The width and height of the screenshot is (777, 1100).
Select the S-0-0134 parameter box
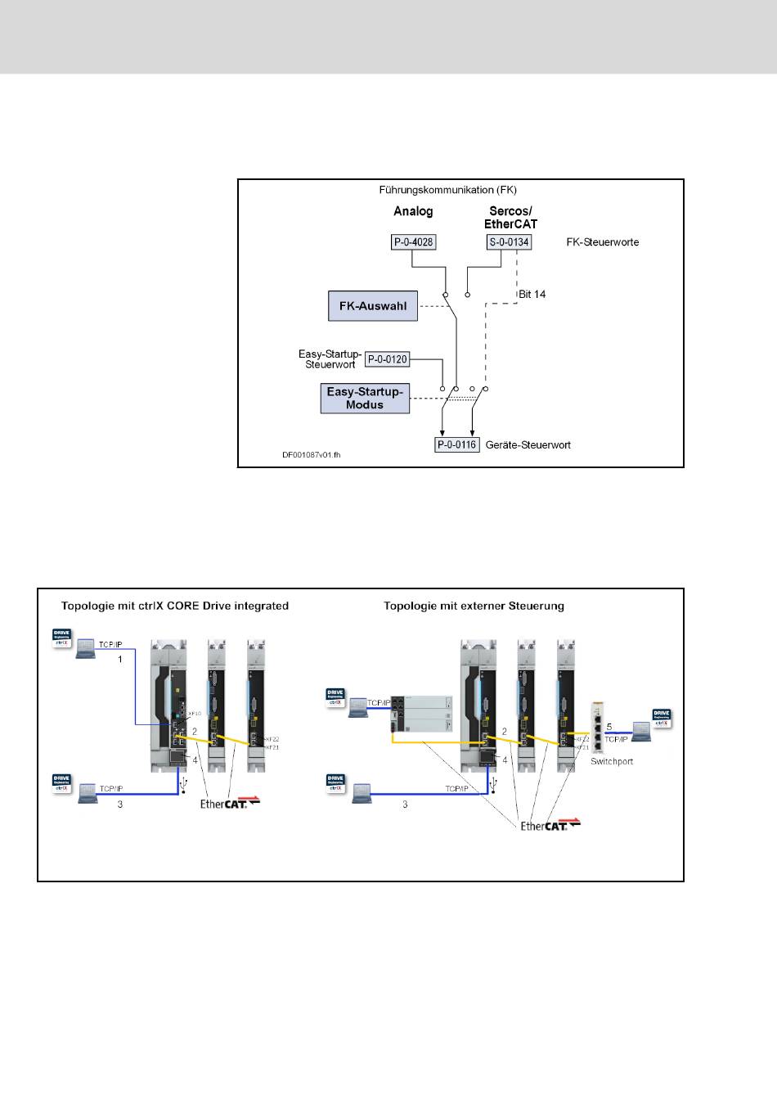point(509,241)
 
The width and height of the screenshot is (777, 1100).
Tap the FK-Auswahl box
point(372,305)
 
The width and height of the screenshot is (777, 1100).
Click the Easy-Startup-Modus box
point(365,398)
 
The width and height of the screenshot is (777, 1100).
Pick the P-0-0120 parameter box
point(387,358)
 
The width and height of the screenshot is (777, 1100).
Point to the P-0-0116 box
point(456,445)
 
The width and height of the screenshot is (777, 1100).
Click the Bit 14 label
point(532,294)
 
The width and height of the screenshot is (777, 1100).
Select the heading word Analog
point(413,211)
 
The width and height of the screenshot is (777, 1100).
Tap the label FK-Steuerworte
point(603,242)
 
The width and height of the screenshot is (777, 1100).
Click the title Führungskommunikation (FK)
point(447,190)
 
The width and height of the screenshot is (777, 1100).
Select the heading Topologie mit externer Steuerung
point(474,606)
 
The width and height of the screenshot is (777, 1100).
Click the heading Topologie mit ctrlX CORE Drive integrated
point(175,606)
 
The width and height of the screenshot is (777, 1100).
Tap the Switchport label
point(612,761)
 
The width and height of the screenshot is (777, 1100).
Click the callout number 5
point(609,726)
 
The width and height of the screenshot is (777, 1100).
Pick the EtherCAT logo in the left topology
point(231,803)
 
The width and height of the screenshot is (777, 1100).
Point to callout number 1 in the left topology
point(120,659)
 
